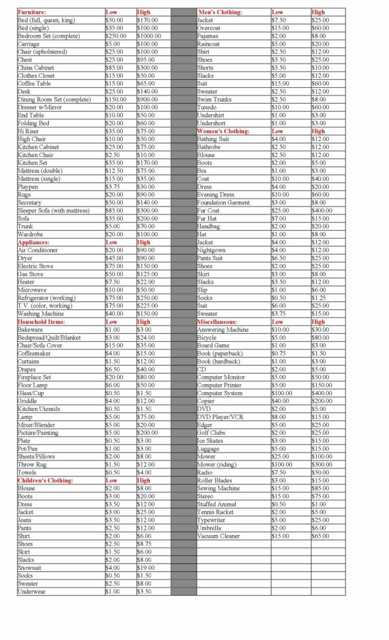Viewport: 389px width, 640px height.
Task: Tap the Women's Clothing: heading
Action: [x=223, y=131]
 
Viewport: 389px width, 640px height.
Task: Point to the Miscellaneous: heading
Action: [x=221, y=321]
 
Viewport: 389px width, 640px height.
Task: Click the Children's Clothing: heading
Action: [x=46, y=480]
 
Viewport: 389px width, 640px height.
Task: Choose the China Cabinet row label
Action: [x=36, y=68]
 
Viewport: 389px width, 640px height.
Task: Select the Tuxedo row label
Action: [x=207, y=108]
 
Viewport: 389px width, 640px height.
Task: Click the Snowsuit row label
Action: [x=30, y=567]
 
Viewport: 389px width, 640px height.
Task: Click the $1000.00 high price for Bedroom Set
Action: [x=149, y=36]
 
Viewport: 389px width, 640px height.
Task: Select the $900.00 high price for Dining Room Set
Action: [x=148, y=100]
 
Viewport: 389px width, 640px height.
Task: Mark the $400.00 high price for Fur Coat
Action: [x=322, y=210]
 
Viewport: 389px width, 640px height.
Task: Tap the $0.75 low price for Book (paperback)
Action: [x=279, y=353]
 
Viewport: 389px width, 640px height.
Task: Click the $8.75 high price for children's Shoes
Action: [x=145, y=544]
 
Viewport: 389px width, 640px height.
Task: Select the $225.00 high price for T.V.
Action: [x=148, y=305]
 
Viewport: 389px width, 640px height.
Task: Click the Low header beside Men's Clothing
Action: [x=278, y=13]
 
